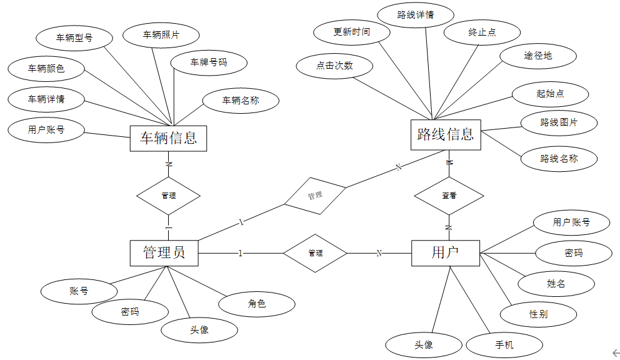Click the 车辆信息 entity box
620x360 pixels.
coord(168,138)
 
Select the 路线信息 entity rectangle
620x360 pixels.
coord(446,134)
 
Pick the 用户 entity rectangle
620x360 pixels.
coord(446,252)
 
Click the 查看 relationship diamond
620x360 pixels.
coord(449,196)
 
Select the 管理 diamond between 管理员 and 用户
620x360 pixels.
coord(315,253)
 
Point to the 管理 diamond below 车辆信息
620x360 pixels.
coord(168,196)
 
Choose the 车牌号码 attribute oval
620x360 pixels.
coord(209,62)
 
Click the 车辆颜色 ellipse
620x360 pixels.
coord(46,69)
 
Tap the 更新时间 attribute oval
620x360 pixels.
coord(351,32)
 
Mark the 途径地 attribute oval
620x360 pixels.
coord(538,56)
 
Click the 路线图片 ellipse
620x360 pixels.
coord(559,122)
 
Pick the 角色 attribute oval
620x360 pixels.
coord(257,304)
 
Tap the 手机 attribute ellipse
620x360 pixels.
coord(504,344)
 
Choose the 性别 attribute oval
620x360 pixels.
coord(538,314)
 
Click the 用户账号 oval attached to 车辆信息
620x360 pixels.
coord(46,130)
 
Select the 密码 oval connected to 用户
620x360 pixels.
coord(573,253)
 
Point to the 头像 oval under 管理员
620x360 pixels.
coord(199,330)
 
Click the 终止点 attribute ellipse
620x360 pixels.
coord(482,32)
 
